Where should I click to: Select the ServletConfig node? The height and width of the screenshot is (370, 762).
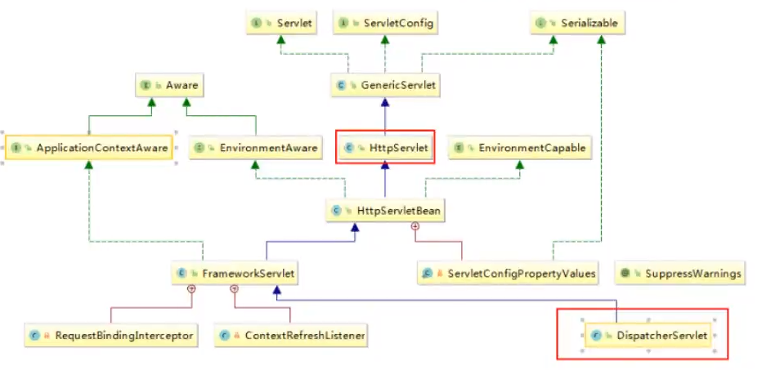(x=384, y=24)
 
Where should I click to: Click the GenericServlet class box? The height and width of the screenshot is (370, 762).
(x=385, y=84)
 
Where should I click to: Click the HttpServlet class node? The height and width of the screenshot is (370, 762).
(x=385, y=148)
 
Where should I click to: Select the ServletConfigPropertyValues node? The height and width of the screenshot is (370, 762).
(x=508, y=273)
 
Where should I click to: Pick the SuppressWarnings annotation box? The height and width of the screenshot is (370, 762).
(x=680, y=273)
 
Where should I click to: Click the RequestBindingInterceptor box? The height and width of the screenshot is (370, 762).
(x=110, y=335)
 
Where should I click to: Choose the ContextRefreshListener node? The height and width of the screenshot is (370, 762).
(x=290, y=335)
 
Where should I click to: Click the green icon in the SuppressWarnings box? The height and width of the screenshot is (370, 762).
(x=625, y=273)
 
